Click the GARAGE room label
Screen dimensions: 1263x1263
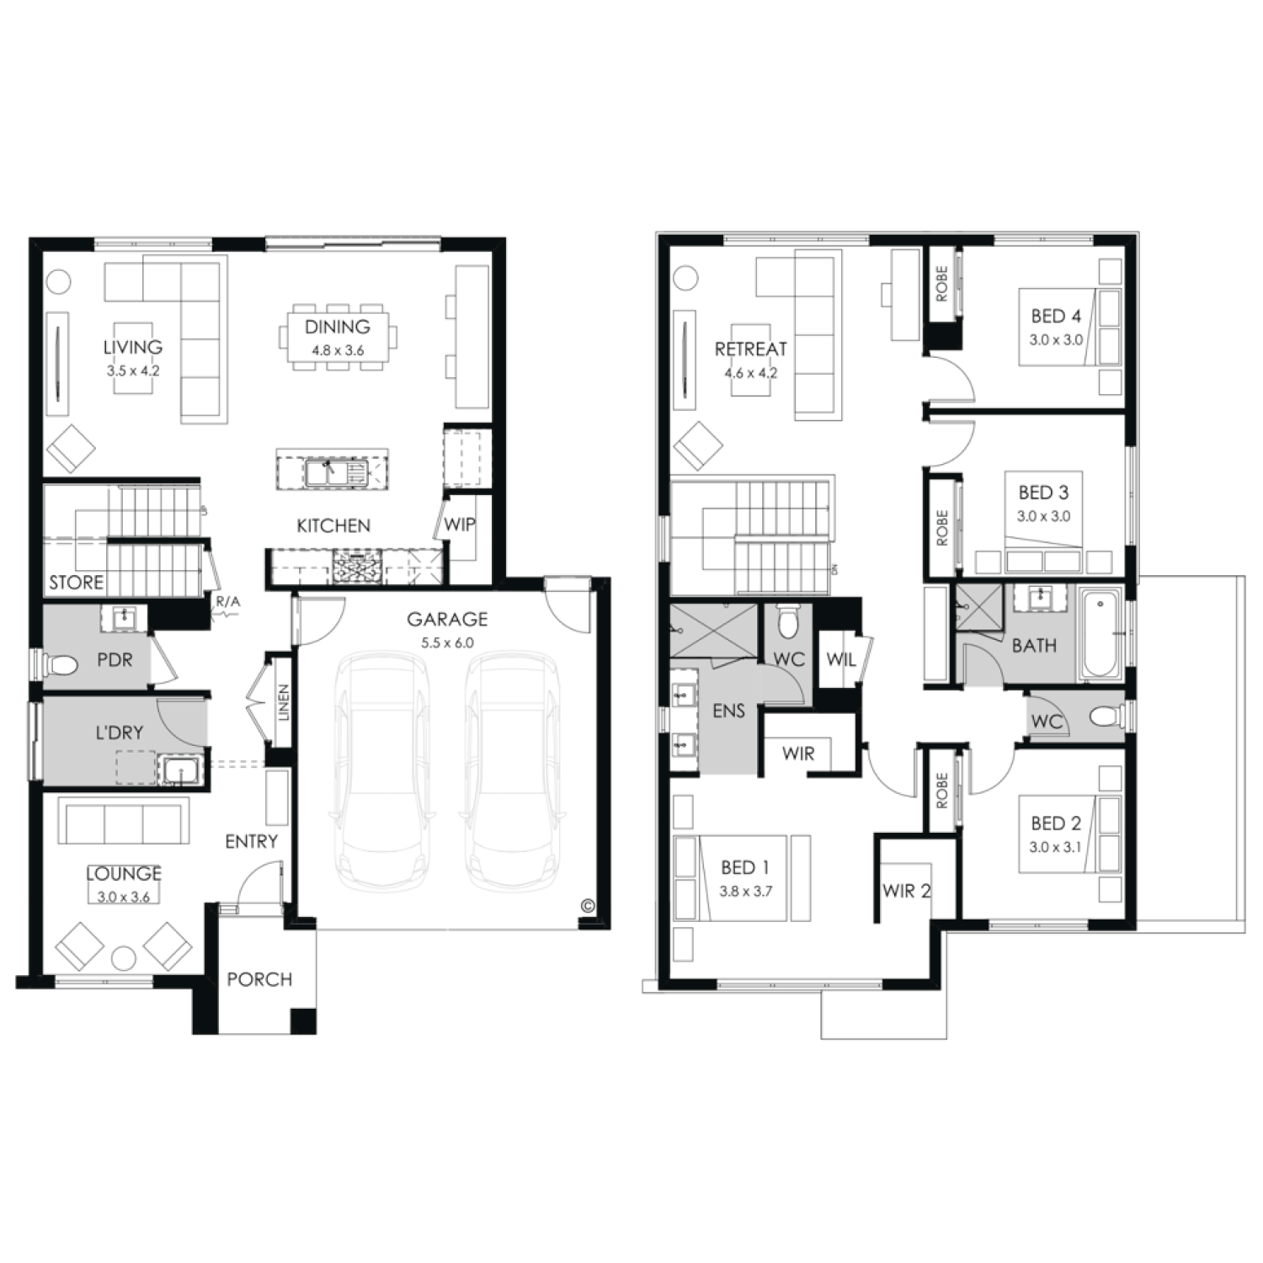pos(447,619)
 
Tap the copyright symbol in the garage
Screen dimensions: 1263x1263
pos(587,906)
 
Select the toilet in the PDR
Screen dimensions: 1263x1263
pos(59,665)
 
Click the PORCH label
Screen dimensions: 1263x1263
pos(259,979)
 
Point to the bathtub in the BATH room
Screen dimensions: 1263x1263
pos(1101,635)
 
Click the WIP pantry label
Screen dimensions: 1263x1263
pos(460,524)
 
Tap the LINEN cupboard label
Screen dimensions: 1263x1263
pos(284,702)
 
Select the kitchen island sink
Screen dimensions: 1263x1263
pos(325,472)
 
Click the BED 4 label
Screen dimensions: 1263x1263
pos(1056,316)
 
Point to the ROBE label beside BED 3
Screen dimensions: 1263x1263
pos(941,528)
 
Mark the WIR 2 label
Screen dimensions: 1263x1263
pos(906,890)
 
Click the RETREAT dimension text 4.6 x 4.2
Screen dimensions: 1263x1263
pos(749,372)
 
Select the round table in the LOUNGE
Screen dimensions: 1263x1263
pos(125,959)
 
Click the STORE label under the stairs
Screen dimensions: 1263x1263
pos(77,582)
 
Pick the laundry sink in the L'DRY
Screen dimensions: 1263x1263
pos(179,770)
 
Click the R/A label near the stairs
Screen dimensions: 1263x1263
pos(228,601)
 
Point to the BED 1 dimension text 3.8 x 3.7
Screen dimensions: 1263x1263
pos(745,891)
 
